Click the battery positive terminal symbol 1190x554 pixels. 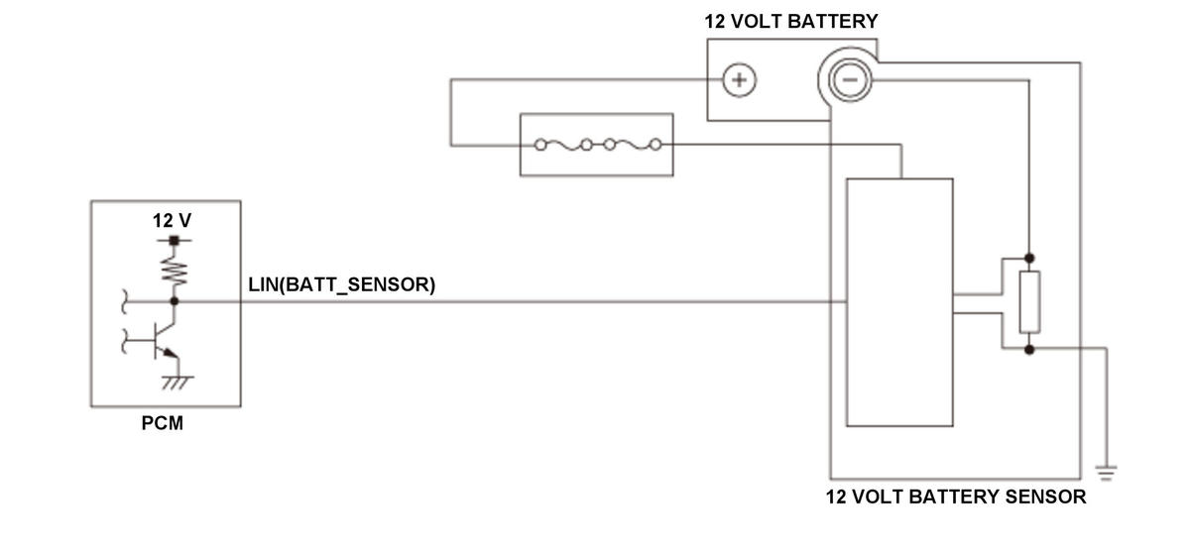click(x=738, y=80)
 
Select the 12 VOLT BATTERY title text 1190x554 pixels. click(x=791, y=21)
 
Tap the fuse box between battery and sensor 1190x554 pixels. click(x=597, y=145)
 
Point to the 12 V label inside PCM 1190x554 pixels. click(x=172, y=220)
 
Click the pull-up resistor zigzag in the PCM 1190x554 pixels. click(x=175, y=269)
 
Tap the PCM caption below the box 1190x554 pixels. click(x=162, y=425)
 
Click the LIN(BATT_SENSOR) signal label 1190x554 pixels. click(x=342, y=285)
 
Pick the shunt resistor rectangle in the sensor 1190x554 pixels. click(x=1029, y=302)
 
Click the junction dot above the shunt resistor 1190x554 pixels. click(x=1029, y=256)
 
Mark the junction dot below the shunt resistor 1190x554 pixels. click(x=1029, y=349)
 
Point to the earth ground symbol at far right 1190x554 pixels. click(x=1107, y=472)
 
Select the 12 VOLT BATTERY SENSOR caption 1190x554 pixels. click(x=955, y=497)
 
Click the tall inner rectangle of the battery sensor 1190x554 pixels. click(x=899, y=302)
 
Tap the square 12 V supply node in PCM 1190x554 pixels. click(x=175, y=240)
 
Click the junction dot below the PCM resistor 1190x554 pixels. click(x=175, y=300)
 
